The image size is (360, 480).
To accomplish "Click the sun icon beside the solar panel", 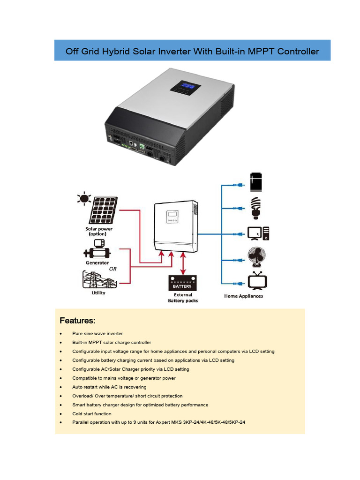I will click(84, 198).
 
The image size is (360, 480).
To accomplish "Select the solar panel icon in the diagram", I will click(104, 210).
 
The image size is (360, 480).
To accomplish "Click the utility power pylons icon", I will click(98, 279).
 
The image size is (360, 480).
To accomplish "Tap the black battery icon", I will click(183, 284).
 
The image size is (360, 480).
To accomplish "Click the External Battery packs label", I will click(183, 298).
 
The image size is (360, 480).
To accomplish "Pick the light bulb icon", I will click(256, 208).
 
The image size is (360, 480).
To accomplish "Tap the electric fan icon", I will click(257, 256).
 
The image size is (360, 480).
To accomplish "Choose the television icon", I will click(257, 281).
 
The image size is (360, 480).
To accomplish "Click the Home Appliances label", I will click(243, 296).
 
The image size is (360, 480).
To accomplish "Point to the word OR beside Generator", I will click(113, 269).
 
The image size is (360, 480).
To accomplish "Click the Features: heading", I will click(77, 321).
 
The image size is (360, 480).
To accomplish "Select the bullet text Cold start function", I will click(92, 414).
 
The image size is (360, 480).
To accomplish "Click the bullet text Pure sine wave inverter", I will click(97, 334).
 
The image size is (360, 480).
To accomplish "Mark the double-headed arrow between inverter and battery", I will click(183, 263).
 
